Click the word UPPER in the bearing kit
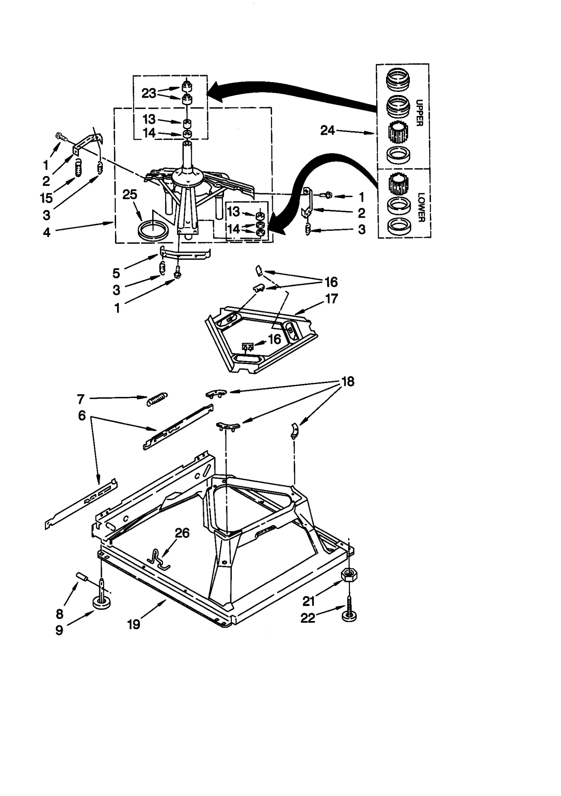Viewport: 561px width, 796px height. [x=419, y=113]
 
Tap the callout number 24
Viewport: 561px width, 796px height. [x=327, y=131]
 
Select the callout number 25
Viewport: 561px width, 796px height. [x=130, y=195]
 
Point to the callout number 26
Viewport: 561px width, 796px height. [x=182, y=533]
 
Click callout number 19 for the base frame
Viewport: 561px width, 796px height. [x=134, y=624]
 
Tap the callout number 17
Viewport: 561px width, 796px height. [x=331, y=299]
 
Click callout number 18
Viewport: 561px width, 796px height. [x=348, y=382]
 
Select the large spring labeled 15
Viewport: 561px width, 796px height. [x=79, y=168]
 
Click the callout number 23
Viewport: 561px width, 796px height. [x=149, y=93]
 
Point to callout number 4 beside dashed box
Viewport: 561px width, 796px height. [x=47, y=232]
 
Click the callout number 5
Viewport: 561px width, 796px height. [x=116, y=273]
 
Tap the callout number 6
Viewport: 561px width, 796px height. [x=82, y=416]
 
